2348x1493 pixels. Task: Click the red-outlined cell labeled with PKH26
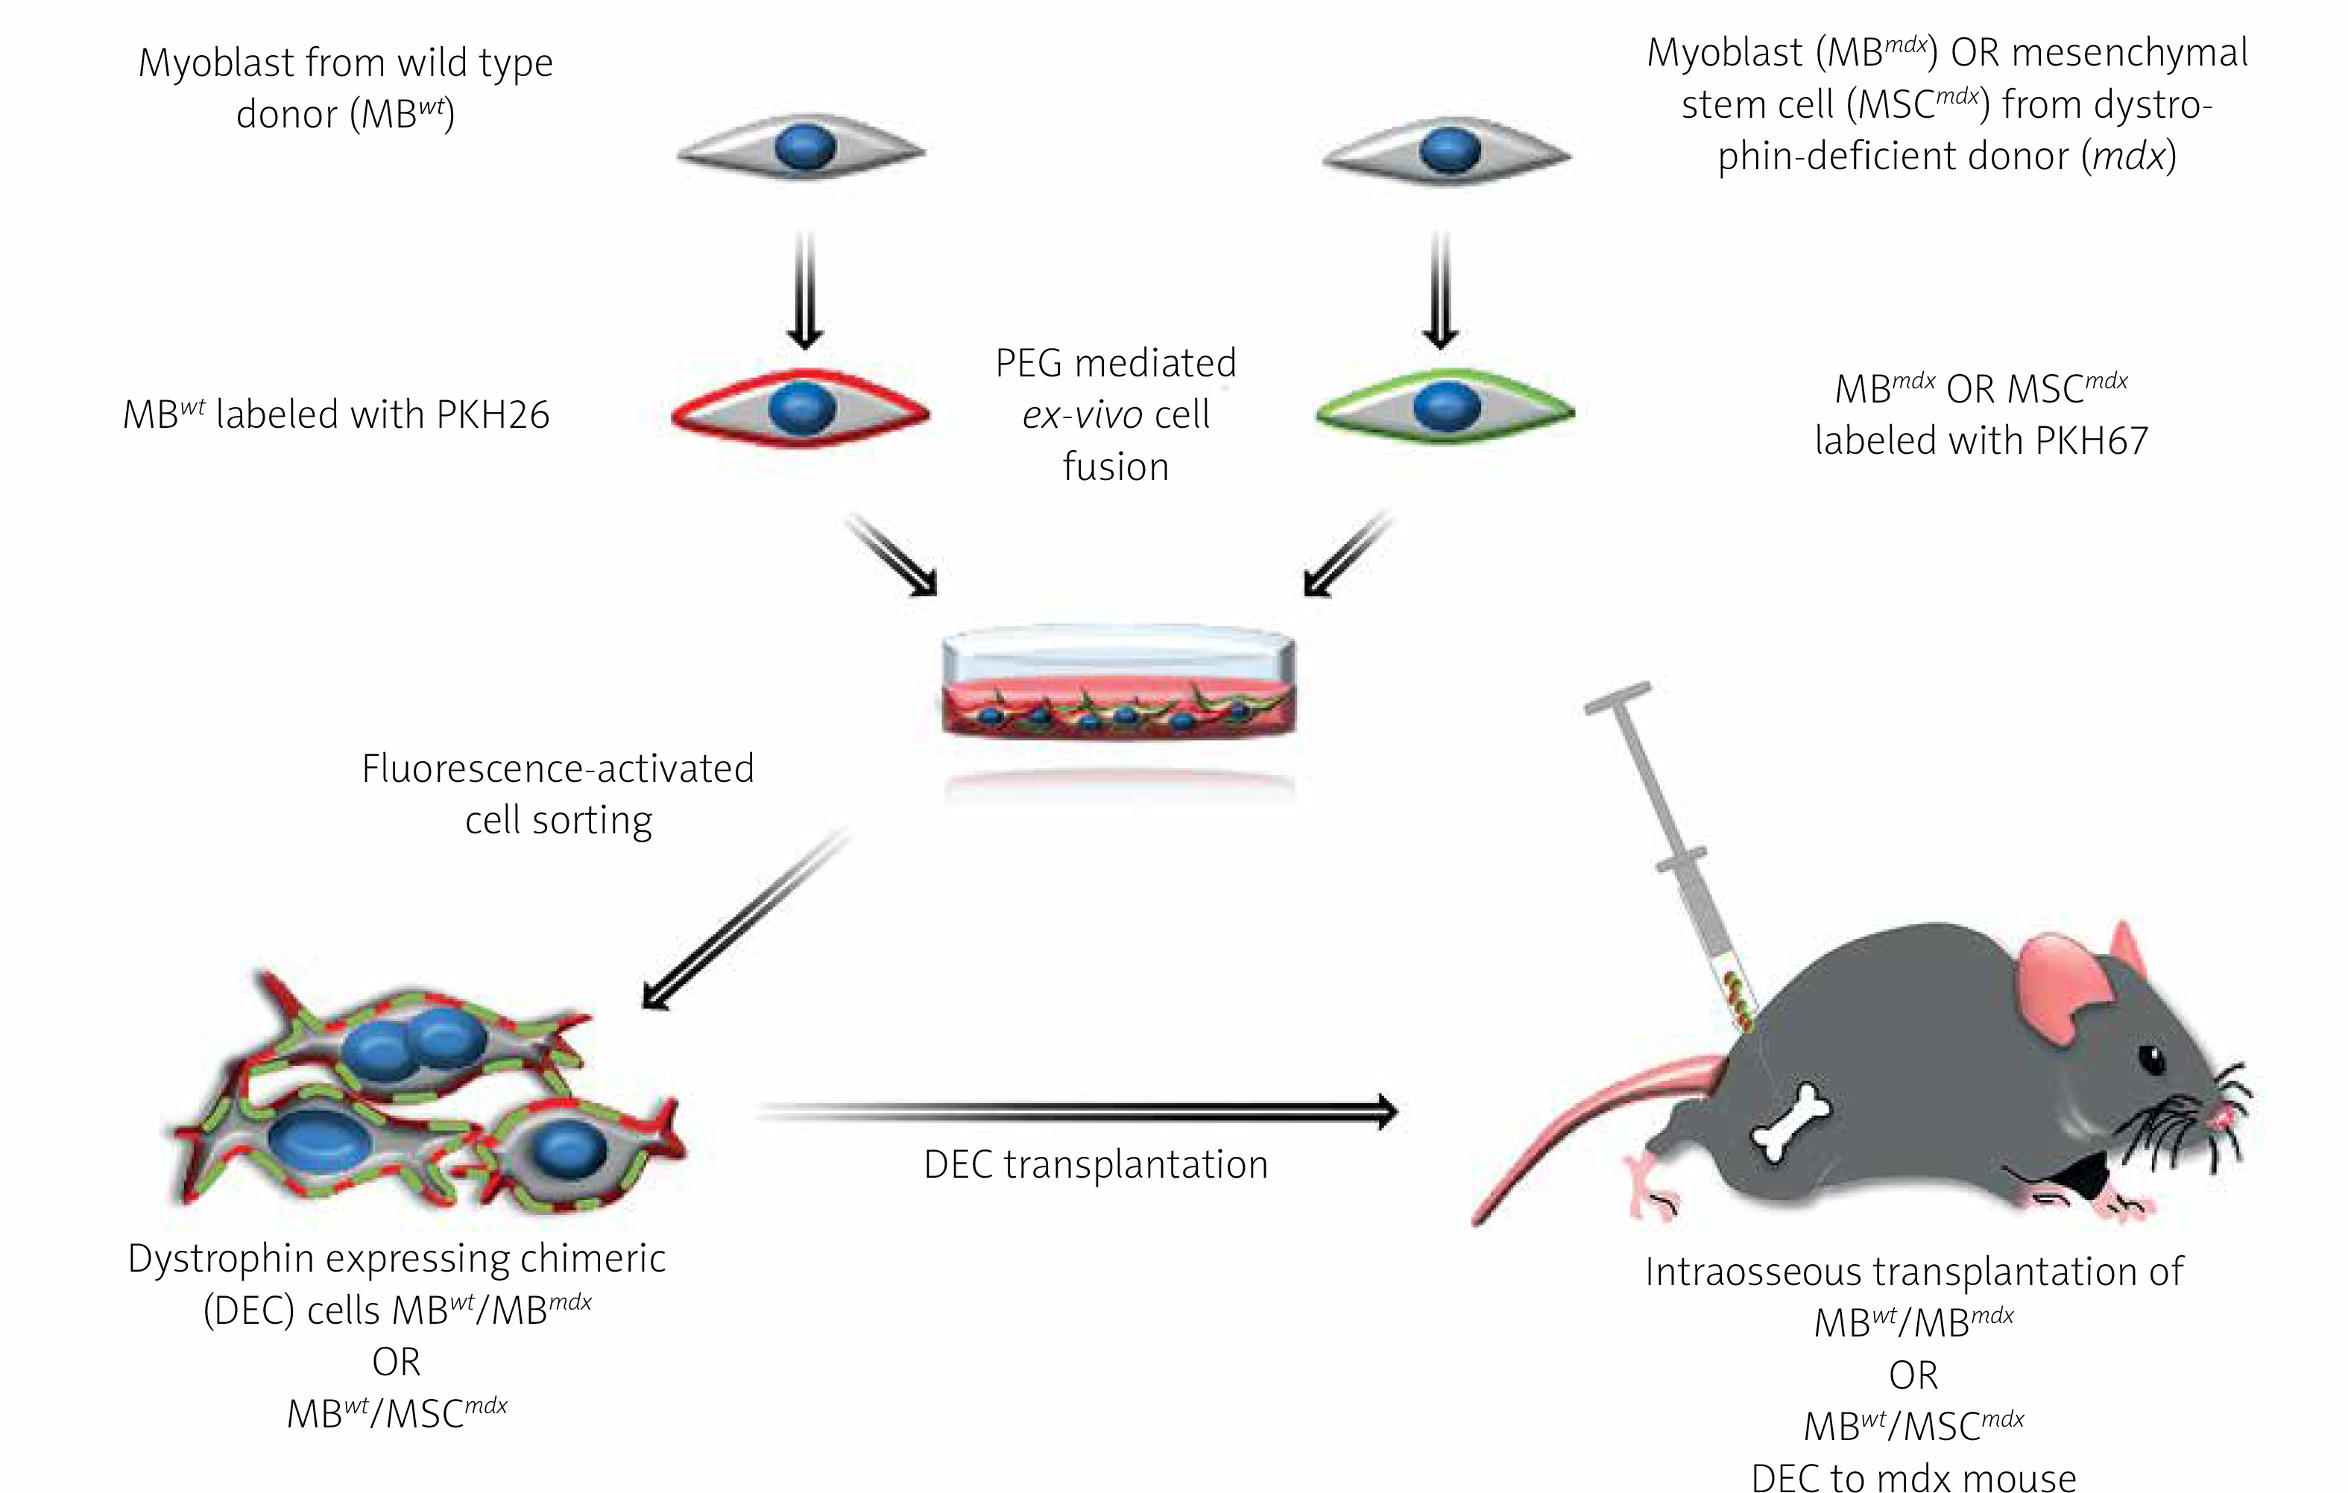click(801, 408)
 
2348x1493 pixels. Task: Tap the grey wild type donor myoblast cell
click(801, 149)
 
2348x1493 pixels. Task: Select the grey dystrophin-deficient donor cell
click(1447, 151)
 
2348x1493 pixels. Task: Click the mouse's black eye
click(2150, 1059)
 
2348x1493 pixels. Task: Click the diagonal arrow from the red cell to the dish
click(892, 553)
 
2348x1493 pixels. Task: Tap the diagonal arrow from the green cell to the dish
click(1348, 553)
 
